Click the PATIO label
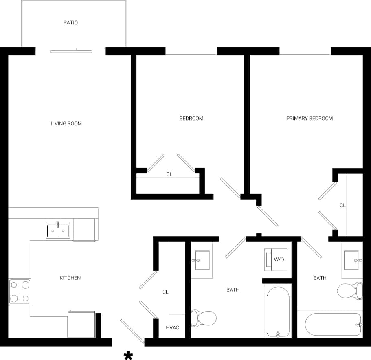[70, 23]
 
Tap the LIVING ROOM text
[66, 123]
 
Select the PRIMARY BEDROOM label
[309, 119]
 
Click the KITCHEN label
[70, 278]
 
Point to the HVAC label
[173, 327]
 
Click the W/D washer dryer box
[278, 259]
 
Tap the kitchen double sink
[58, 230]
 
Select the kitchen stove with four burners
[20, 292]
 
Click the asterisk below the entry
[128, 356]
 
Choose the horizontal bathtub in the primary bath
[333, 324]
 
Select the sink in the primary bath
[352, 260]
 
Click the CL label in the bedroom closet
[169, 174]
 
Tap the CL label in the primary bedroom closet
[342, 206]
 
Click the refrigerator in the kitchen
[81, 324]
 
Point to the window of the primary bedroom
[305, 51]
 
